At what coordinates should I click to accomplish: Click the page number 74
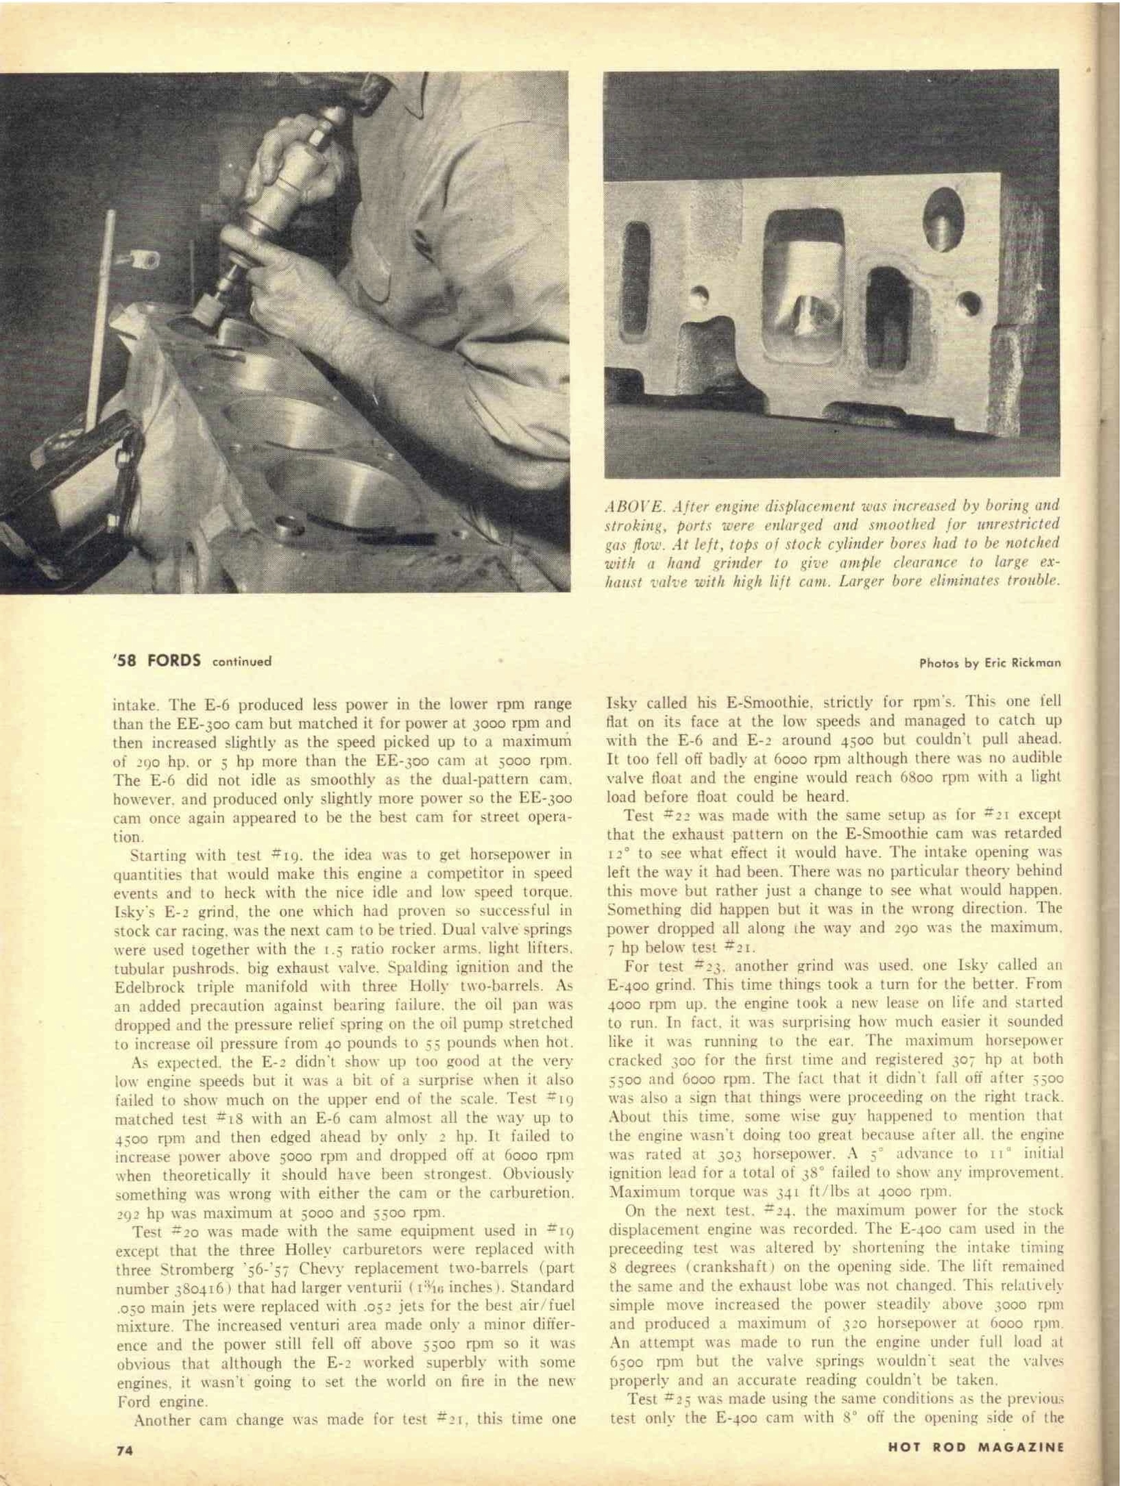click(x=122, y=1464)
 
